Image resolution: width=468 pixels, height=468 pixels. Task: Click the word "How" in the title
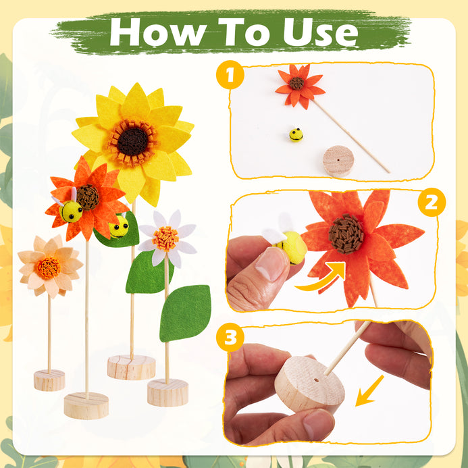158,32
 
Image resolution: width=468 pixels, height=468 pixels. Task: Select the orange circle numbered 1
230,74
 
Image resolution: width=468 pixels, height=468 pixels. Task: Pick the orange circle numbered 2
432,202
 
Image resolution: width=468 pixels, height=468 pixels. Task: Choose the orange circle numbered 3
230,337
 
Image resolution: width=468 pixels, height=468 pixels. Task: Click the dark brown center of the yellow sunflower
132,142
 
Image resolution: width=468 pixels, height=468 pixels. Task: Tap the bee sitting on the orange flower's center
70,209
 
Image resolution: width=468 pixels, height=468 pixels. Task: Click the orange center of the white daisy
165,238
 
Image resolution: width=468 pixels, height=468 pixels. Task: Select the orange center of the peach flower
49,267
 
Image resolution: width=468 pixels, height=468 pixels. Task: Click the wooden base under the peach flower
49,380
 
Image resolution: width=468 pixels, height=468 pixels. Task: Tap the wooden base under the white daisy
167,392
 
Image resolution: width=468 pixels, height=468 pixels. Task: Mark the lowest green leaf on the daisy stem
185,313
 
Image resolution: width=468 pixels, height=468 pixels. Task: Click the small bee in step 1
296,134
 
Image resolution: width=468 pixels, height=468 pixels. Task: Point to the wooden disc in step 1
338,161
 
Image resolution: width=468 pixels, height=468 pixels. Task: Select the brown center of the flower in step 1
296,83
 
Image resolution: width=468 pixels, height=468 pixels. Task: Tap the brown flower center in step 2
346,234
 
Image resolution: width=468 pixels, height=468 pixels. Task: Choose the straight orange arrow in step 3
369,390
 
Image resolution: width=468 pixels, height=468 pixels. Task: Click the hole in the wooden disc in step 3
316,381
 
